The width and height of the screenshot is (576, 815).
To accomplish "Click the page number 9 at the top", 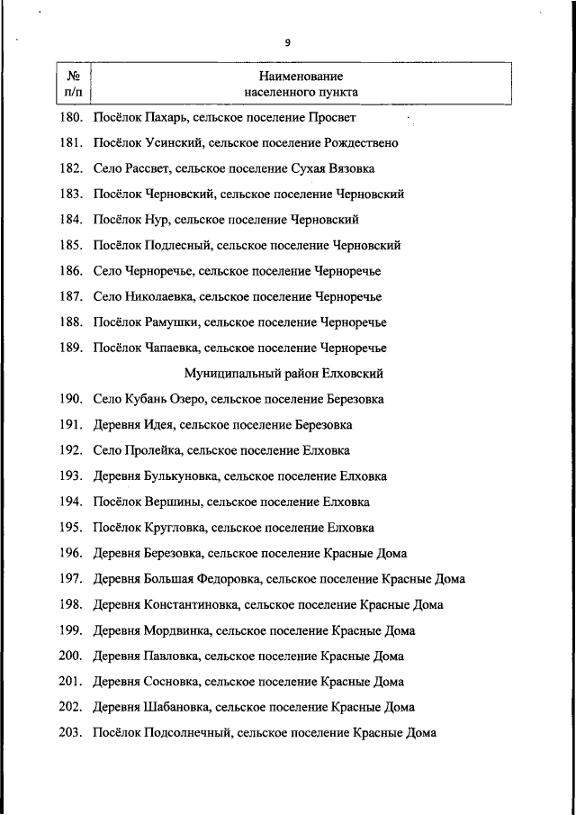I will coord(288,42).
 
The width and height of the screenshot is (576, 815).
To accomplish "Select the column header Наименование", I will coord(301,77).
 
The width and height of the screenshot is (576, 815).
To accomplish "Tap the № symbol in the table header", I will coord(73,77).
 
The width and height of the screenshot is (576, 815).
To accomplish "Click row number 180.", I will coord(72,117).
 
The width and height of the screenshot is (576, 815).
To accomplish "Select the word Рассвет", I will coord(146,168).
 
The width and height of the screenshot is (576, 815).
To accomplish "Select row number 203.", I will coord(72,733).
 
